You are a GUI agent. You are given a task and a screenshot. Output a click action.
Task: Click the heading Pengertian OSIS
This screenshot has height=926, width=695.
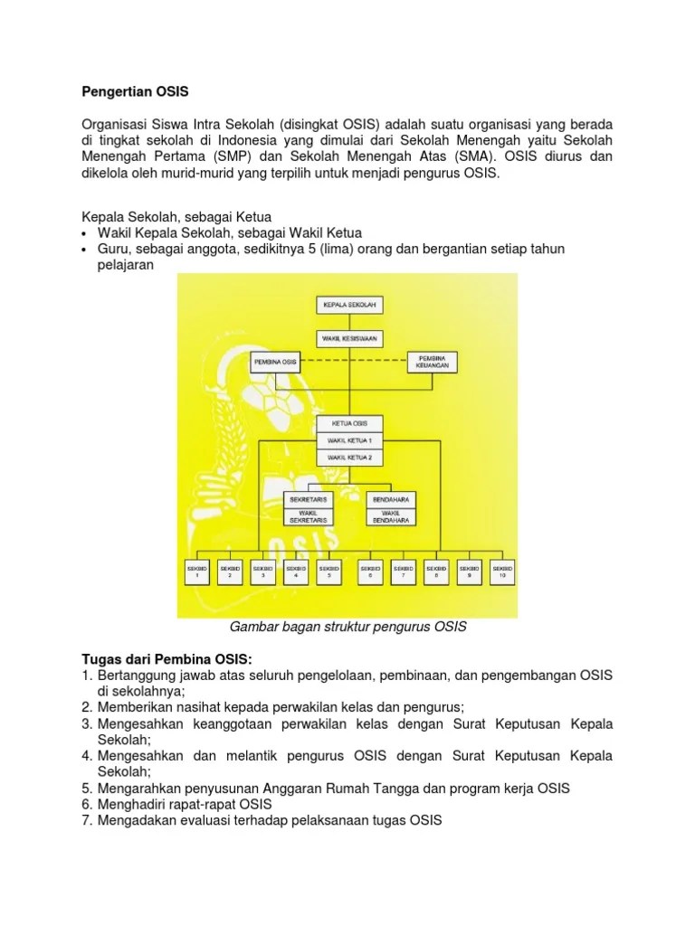tap(135, 92)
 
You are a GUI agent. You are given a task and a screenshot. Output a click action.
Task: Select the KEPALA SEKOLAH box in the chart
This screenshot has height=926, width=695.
tap(350, 305)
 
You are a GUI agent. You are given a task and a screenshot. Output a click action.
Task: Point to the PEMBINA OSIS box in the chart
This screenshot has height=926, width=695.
tap(277, 362)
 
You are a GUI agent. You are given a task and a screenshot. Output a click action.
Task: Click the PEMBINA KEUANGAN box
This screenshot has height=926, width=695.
tap(433, 362)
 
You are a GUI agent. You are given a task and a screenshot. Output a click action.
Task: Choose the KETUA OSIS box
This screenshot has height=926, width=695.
tap(350, 424)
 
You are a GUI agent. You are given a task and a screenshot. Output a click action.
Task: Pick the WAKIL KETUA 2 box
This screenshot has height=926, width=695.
tap(350, 458)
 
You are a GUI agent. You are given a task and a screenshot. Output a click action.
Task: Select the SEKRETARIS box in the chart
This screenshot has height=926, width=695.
tap(308, 498)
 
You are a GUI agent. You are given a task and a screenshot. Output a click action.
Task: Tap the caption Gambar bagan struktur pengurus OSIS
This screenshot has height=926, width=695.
tap(347, 626)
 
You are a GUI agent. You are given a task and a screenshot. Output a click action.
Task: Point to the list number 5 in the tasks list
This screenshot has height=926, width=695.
tap(87, 788)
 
